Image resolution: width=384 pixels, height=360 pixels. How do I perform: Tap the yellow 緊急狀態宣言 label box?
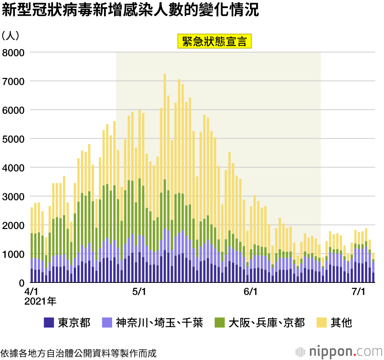click(x=214, y=41)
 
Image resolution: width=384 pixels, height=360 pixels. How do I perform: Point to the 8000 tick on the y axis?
click(x=13, y=52)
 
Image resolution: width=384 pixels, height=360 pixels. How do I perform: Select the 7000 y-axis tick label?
click(x=13, y=81)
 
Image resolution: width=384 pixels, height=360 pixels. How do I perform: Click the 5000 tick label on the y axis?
click(x=13, y=139)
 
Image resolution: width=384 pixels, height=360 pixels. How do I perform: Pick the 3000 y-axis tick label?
click(x=13, y=197)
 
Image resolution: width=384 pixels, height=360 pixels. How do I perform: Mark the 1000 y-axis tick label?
click(x=13, y=254)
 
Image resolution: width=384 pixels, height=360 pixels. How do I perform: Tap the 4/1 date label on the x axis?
click(x=31, y=292)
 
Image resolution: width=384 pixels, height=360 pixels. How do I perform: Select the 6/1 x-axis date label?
click(x=250, y=292)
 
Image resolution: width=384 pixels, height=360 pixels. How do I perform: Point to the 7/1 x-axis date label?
click(x=358, y=292)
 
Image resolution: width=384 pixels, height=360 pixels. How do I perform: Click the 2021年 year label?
click(x=40, y=302)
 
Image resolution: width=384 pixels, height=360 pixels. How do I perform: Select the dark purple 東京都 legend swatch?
click(x=49, y=322)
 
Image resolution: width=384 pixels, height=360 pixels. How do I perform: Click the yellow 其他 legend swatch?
click(x=321, y=322)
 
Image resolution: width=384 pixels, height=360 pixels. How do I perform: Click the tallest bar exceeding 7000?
click(x=165, y=177)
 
